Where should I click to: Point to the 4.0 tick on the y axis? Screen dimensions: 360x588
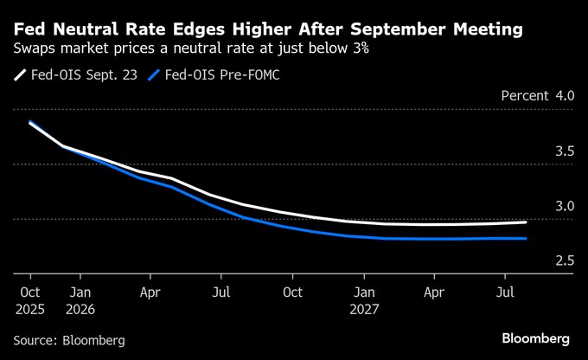click(x=564, y=95)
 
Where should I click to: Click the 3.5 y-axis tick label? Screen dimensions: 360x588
click(x=564, y=151)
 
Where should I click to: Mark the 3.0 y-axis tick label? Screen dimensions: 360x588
click(x=564, y=207)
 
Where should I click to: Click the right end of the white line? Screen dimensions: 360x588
click(x=526, y=222)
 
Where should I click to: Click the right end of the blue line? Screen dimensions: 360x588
click(x=526, y=239)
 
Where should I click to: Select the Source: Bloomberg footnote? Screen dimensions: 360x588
click(x=69, y=340)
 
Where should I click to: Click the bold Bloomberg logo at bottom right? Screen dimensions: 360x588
click(x=535, y=337)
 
